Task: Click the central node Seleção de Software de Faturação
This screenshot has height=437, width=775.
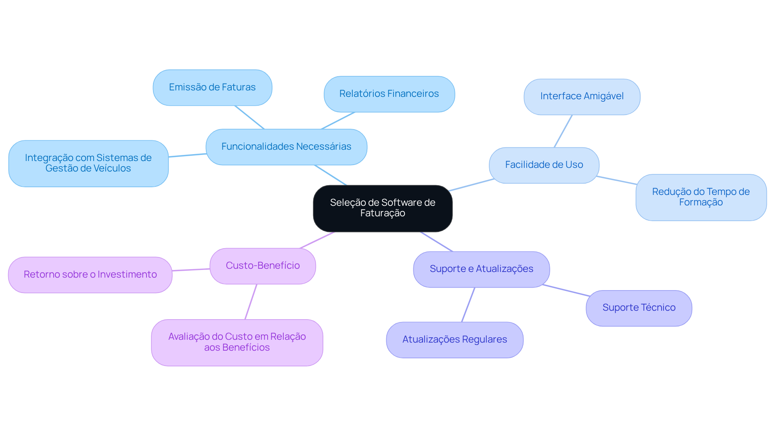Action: (383, 208)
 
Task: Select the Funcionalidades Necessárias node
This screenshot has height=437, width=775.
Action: (286, 147)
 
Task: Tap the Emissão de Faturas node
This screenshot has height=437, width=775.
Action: (212, 88)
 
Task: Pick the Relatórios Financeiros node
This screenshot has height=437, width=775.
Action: (389, 94)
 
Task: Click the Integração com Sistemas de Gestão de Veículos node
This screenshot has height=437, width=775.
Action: (88, 163)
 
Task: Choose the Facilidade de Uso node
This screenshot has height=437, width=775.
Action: (544, 165)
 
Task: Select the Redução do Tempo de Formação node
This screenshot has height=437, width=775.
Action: (701, 197)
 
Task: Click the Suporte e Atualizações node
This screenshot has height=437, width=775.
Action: (481, 269)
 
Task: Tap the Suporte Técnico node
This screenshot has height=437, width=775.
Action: (639, 308)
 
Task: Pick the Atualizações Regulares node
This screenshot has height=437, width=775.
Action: (455, 340)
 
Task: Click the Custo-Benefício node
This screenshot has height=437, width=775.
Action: (262, 266)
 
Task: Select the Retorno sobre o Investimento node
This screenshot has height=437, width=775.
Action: (90, 275)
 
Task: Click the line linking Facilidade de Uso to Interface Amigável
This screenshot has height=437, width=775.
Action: (563, 131)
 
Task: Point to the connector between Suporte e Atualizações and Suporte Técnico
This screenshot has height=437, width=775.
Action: (566, 291)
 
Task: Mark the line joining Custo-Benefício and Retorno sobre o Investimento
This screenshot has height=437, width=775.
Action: (191, 270)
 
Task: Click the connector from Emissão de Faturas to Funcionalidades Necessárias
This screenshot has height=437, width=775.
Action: (249, 117)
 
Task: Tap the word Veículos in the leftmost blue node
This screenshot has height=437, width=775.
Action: (113, 169)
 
